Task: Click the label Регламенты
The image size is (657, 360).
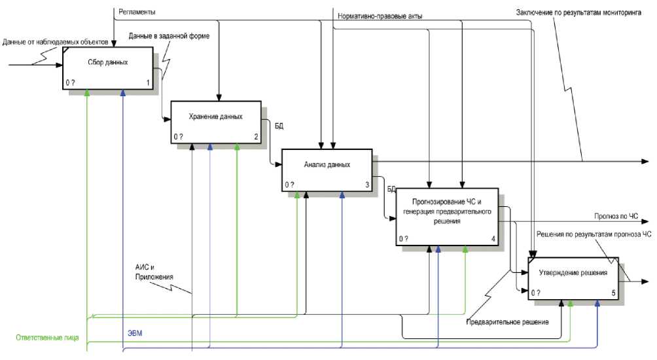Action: [137, 12]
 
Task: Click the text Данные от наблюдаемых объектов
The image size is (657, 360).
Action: [55, 43]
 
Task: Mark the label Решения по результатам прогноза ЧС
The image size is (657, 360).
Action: [594, 234]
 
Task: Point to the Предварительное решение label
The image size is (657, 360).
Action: [507, 322]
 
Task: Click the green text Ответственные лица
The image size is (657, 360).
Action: [47, 338]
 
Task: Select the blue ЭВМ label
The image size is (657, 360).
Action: [135, 333]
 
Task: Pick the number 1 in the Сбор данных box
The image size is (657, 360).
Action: [148, 83]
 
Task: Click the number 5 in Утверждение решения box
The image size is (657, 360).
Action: [613, 293]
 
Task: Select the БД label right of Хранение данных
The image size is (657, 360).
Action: [279, 124]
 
